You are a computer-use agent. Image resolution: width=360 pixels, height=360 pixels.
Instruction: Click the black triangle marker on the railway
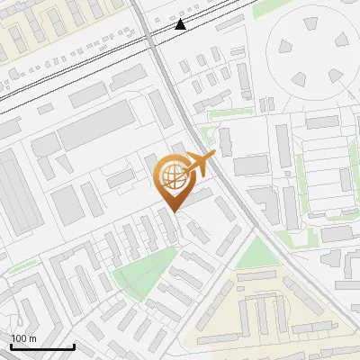[x=181, y=24]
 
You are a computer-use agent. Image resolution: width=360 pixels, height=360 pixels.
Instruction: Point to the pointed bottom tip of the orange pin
[x=172, y=211]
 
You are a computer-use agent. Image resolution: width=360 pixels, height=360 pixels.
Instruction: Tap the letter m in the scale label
[x=32, y=338]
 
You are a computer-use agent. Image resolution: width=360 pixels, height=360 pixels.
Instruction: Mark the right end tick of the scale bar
[x=74, y=346]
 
